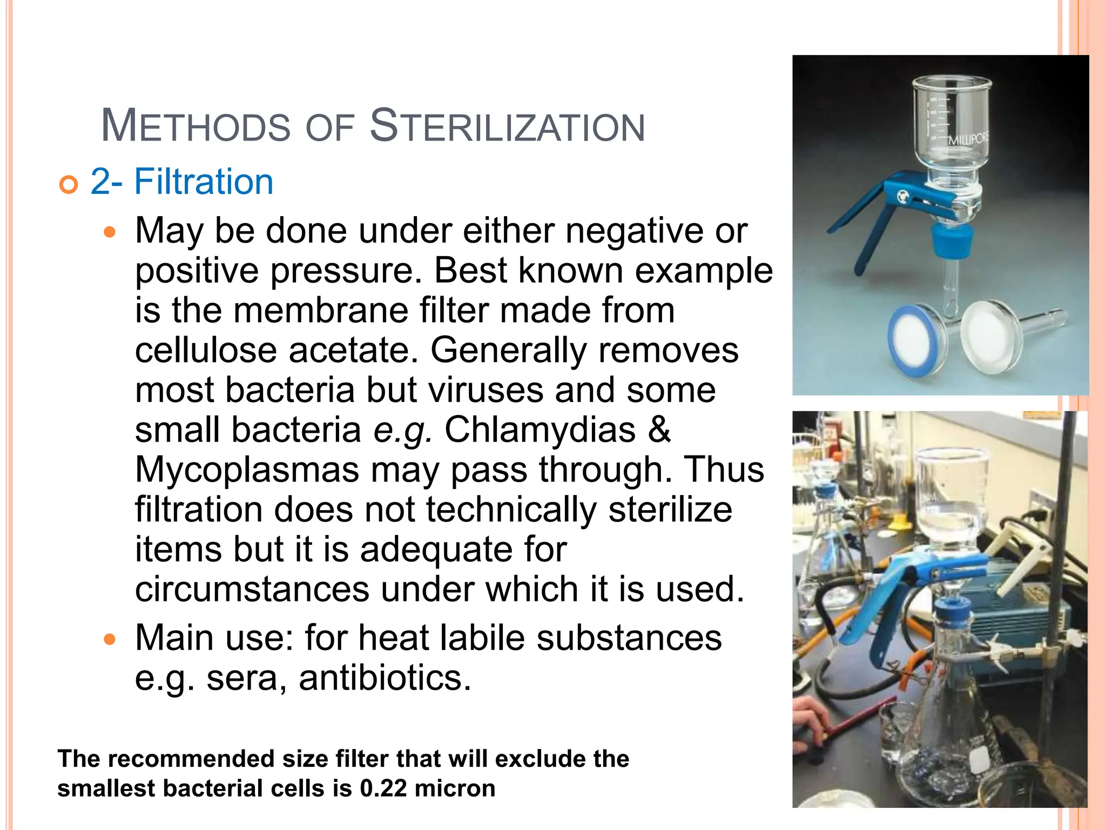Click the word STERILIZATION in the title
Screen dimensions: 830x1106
(x=507, y=126)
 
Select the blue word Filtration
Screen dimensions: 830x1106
(x=204, y=182)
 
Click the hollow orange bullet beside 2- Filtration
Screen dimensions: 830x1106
(x=69, y=185)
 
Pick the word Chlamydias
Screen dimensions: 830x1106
(x=539, y=430)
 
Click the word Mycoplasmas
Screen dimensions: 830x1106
(x=247, y=470)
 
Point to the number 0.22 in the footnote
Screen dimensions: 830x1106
(x=383, y=788)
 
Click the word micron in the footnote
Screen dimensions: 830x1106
(x=455, y=788)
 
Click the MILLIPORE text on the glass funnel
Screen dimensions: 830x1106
(x=969, y=139)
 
